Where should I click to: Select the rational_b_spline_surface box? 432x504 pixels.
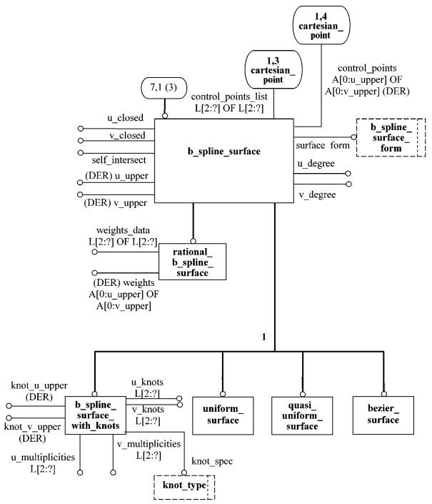pyautogui.click(x=192, y=262)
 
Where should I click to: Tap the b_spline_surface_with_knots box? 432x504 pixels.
pyautogui.click(x=96, y=415)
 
